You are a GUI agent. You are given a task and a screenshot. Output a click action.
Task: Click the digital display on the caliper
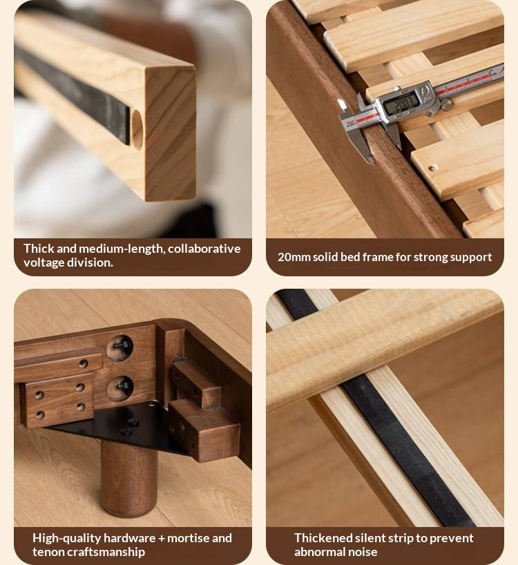tap(401, 104)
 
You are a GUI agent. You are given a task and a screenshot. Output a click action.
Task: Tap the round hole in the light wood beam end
tap(137, 130)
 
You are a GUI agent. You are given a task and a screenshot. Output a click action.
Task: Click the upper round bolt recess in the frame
tap(119, 347)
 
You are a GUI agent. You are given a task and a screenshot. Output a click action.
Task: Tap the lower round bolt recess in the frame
tap(120, 388)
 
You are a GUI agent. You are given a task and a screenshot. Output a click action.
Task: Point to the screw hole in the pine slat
tap(432, 167)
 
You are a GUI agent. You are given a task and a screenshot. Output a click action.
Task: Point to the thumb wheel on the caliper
tap(446, 105)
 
